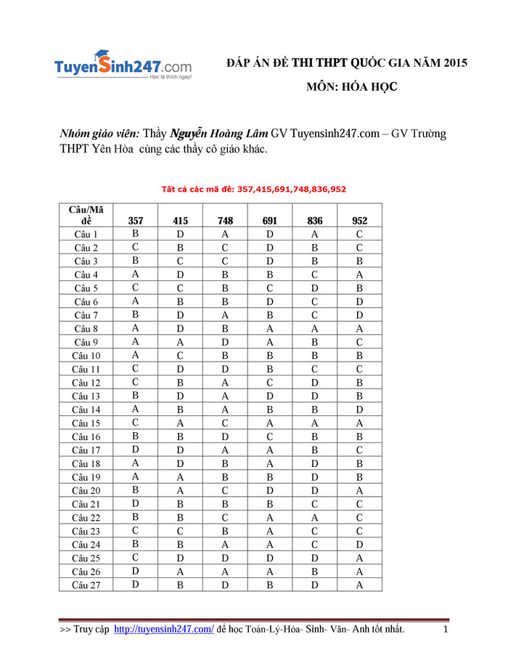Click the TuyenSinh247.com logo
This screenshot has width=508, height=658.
(x=123, y=66)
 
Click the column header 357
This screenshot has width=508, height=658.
(x=136, y=221)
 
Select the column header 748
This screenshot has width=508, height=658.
(x=225, y=221)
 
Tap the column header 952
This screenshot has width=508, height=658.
(x=359, y=221)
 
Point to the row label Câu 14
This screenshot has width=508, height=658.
(x=86, y=410)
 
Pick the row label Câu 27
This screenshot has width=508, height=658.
(x=86, y=585)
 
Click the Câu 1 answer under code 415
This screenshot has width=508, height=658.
(x=180, y=235)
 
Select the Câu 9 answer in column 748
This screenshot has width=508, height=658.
(x=225, y=342)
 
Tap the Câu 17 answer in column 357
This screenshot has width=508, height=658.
(x=136, y=450)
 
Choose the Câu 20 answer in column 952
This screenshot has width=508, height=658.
(x=359, y=490)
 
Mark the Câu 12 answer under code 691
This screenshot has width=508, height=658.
(x=269, y=383)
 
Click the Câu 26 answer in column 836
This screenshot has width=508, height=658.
(x=315, y=571)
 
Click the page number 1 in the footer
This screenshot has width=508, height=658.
(x=445, y=629)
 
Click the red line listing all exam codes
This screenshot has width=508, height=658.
(x=253, y=190)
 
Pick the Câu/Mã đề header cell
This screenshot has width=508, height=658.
(x=86, y=216)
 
